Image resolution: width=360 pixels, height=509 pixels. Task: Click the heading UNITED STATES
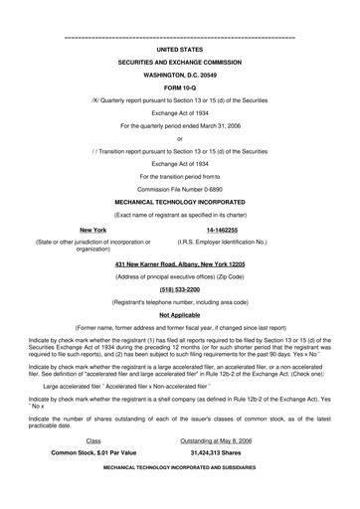pos(179,47)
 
